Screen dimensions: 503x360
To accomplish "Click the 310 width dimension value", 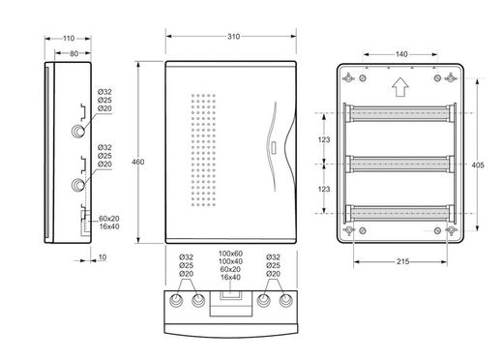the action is pos(233,37).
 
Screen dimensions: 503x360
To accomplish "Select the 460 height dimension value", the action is pos(138,163).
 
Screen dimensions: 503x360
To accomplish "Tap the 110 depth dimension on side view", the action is pos(69,39).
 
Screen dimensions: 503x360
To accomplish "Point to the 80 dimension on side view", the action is pos(74,53).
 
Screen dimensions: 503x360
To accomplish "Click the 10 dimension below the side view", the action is pos(103,257).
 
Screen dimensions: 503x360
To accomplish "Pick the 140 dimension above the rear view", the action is pos(401,54).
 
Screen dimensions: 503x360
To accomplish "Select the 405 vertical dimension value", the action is pos(478,165).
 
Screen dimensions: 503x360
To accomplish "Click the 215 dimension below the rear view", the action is pos(403,261).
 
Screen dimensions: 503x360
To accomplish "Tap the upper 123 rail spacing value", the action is pos(324,139).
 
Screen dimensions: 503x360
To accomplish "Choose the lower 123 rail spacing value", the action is pos(324,189).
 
